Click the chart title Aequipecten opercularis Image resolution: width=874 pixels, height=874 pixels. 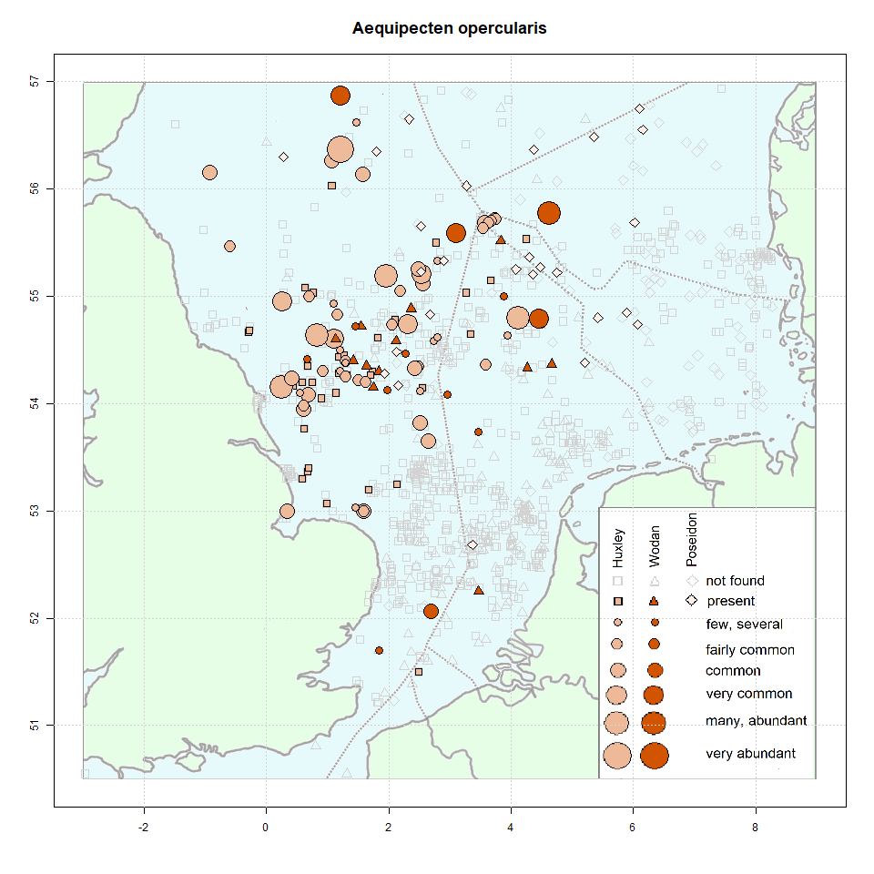pyautogui.click(x=450, y=29)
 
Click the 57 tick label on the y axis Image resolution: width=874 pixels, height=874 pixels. pyautogui.click(x=36, y=82)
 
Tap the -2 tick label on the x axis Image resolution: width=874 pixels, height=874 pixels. pyautogui.click(x=143, y=828)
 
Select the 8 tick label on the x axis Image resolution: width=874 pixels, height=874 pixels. pyautogui.click(x=756, y=828)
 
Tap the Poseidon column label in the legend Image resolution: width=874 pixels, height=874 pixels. pyautogui.click(x=691, y=537)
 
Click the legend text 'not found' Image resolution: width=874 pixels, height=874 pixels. pyautogui.click(x=735, y=581)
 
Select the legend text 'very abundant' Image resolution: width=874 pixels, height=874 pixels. pyautogui.click(x=751, y=754)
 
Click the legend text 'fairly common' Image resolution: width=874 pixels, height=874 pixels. pyautogui.click(x=750, y=650)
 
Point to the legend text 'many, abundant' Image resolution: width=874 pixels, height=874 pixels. pyautogui.click(x=756, y=721)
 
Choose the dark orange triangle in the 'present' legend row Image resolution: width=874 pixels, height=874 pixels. pyautogui.click(x=654, y=602)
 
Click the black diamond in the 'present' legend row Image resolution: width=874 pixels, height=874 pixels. pyautogui.click(x=692, y=601)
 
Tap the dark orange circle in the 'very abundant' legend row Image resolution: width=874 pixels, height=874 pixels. pyautogui.click(x=654, y=755)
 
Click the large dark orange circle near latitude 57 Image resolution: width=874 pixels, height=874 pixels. pyautogui.click(x=340, y=96)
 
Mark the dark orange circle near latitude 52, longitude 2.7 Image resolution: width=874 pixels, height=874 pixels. pyautogui.click(x=431, y=611)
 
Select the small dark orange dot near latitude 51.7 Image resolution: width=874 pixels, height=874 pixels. pyautogui.click(x=379, y=650)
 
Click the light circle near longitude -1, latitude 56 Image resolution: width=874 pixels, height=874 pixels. pyautogui.click(x=210, y=172)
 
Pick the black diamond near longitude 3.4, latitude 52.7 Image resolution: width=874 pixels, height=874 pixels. pyautogui.click(x=473, y=545)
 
